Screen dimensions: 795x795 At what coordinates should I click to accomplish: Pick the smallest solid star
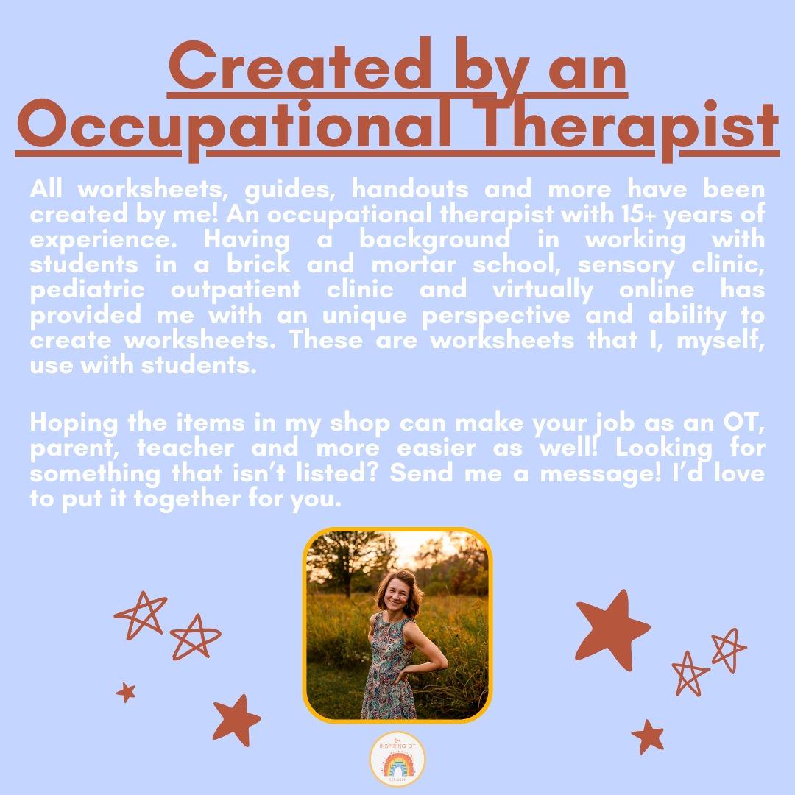pyautogui.click(x=126, y=692)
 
